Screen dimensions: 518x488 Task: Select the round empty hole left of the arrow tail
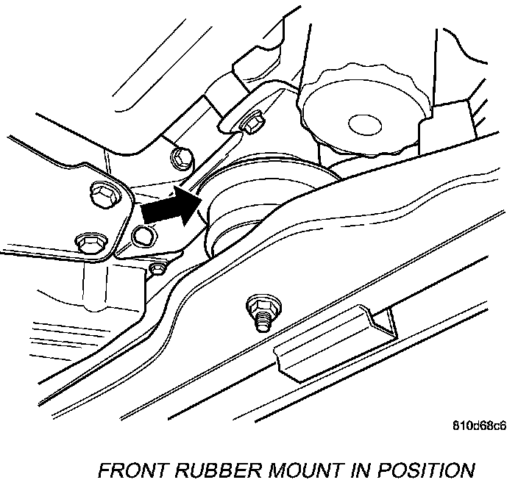(143, 236)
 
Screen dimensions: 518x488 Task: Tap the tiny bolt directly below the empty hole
(157, 268)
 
